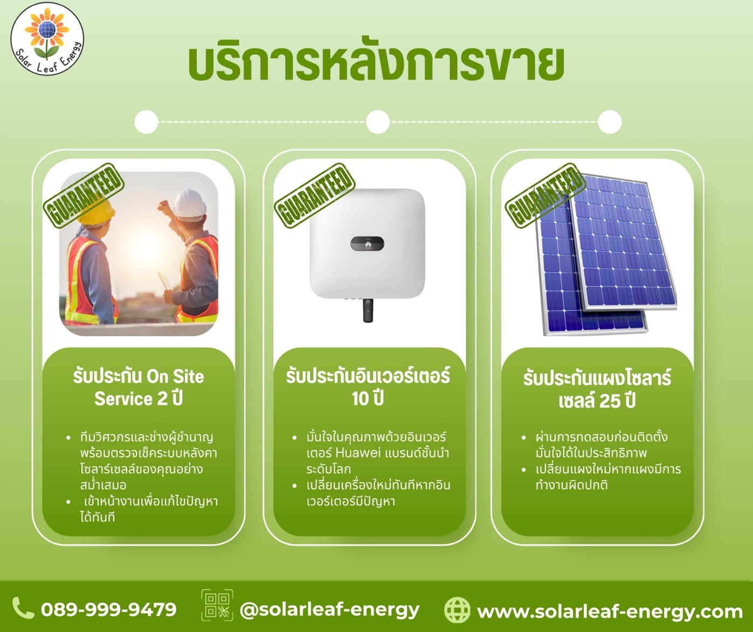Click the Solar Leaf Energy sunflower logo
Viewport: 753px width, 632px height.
pos(47,39)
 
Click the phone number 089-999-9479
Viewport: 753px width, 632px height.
pos(108,610)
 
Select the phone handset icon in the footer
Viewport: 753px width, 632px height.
pos(23,608)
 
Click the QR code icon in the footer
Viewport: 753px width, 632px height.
pos(217,605)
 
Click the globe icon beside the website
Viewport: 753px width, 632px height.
pos(457,610)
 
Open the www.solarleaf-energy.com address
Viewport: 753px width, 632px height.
pos(610,612)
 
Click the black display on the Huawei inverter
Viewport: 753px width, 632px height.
pos(367,244)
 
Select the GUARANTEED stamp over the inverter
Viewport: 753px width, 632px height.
pos(314,196)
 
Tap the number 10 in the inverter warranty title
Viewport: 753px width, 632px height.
pos(360,399)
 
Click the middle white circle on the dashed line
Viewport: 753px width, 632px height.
pos(378,122)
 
